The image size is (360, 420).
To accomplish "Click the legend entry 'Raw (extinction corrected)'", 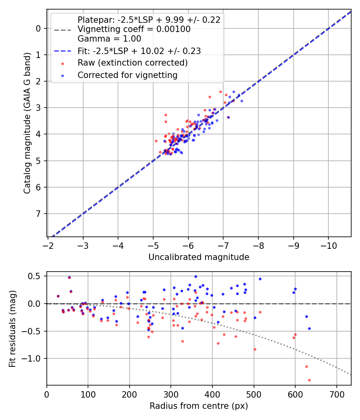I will pos(132,63).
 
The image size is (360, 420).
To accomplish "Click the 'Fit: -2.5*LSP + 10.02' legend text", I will pos(139,51).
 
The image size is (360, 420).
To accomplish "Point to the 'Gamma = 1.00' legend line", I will pos(109,39).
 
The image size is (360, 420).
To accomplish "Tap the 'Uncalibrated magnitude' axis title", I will pos(199,257).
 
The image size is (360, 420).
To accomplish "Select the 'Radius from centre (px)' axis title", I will pos(199,406).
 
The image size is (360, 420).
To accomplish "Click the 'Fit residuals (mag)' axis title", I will pos(12,329).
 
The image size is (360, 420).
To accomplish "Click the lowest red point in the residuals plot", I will pos(309,380).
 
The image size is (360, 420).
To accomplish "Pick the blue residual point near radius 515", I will pos(260,279).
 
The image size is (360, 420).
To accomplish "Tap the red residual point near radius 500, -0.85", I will pos(255,349).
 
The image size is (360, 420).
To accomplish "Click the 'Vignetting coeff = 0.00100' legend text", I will pos(134,29).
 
